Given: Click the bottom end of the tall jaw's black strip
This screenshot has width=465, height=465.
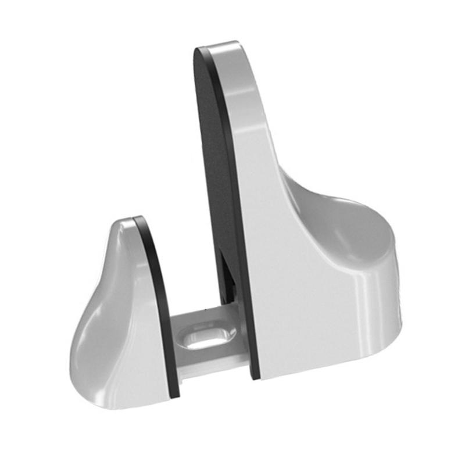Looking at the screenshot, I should pyautogui.click(x=253, y=375).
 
